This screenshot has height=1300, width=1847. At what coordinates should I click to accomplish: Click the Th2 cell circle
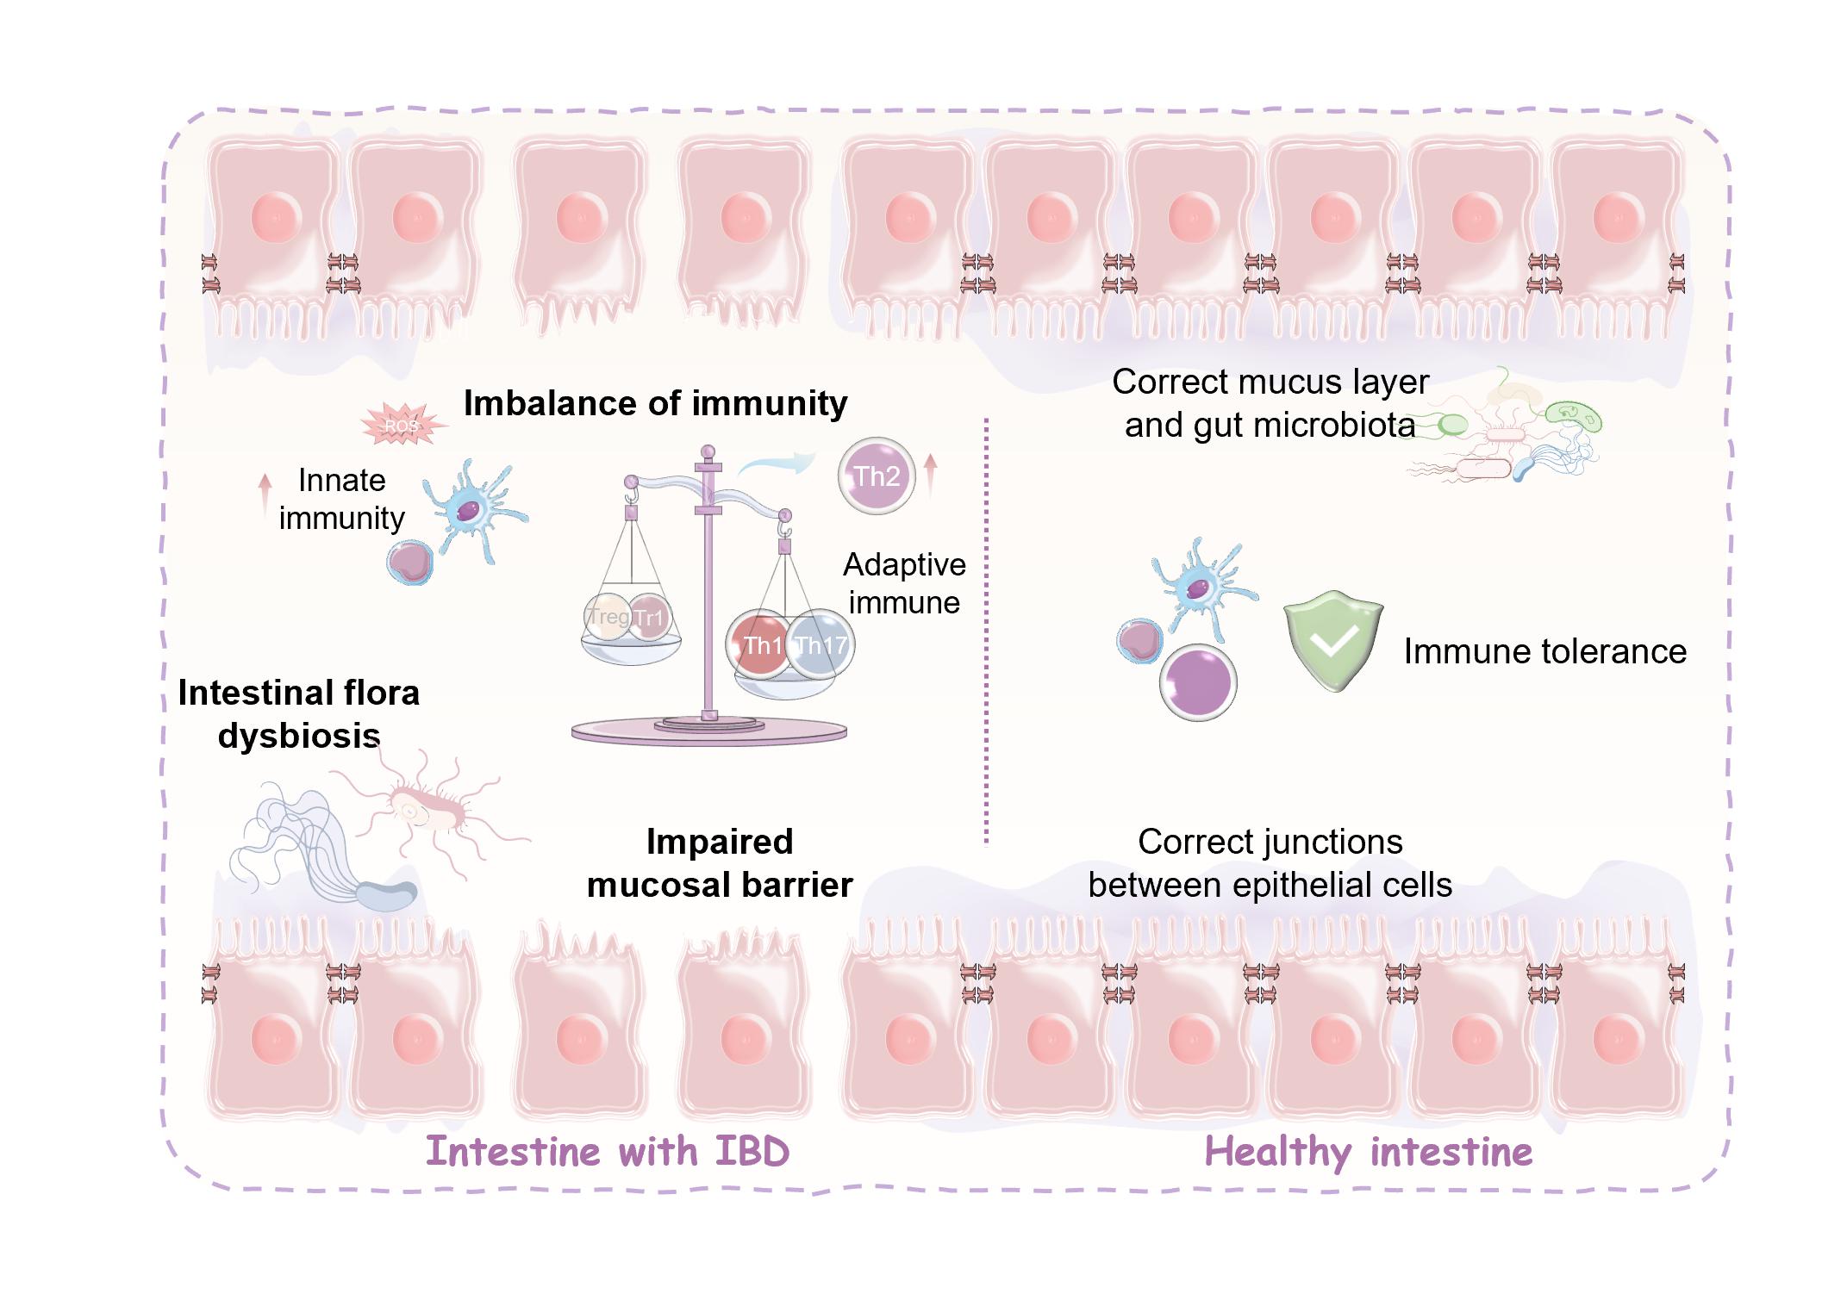point(876,476)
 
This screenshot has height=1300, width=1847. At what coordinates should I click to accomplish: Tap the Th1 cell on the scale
point(759,645)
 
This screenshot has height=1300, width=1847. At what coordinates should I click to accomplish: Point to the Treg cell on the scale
point(607,618)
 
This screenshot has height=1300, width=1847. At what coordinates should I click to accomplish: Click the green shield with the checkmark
point(1332,640)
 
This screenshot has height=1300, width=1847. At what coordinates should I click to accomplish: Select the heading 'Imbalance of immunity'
point(655,403)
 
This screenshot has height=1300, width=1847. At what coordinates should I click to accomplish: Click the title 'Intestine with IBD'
point(608,1152)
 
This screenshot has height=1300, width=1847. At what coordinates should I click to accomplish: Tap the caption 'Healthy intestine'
point(1368,1152)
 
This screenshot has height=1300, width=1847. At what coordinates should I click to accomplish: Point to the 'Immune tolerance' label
point(1544,651)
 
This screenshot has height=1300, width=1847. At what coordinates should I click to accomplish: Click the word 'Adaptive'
point(904,565)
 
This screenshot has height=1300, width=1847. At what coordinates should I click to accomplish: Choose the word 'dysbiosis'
point(298,736)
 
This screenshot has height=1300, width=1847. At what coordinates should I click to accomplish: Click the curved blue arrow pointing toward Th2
point(776,465)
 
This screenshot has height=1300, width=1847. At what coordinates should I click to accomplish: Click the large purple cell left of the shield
point(1198,682)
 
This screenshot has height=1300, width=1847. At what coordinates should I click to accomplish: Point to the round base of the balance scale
point(708,732)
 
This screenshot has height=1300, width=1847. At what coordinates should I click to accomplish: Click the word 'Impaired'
point(720,842)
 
